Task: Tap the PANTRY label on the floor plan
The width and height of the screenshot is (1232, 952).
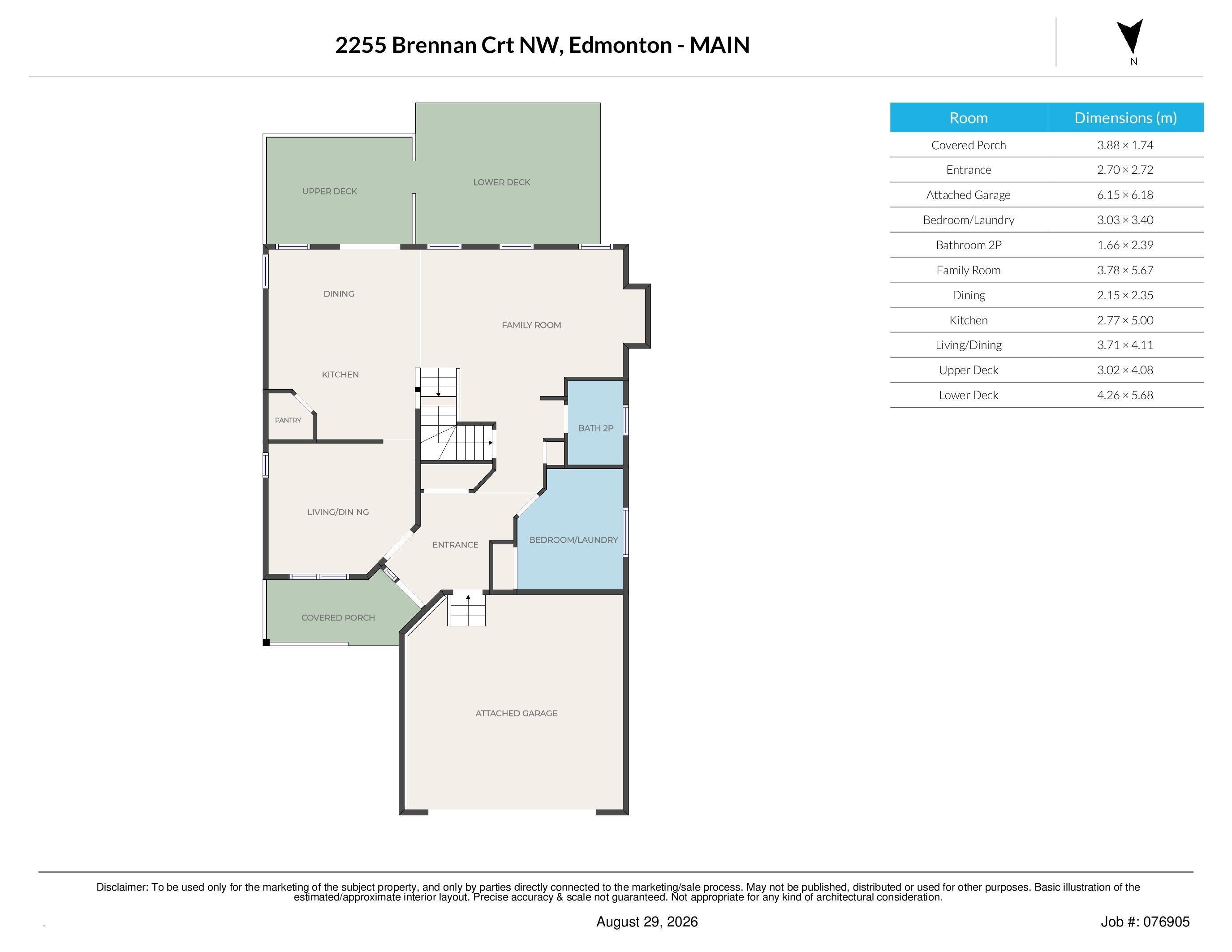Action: (x=288, y=420)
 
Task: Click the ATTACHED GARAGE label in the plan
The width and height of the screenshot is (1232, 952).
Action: (x=516, y=713)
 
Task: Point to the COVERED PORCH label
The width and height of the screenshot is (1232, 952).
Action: (x=338, y=617)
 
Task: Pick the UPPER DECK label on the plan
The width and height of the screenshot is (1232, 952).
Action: (x=329, y=191)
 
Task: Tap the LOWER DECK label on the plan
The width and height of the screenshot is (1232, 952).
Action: (x=501, y=182)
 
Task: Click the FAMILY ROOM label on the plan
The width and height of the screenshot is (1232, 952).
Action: (x=531, y=325)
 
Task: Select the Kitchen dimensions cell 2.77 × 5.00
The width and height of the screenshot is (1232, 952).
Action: (x=1125, y=320)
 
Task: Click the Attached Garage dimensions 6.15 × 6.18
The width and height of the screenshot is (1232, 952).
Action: (x=1125, y=194)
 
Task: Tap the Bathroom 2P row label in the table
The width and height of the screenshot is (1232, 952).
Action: (x=969, y=245)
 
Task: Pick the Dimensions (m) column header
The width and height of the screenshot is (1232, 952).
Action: (x=1125, y=117)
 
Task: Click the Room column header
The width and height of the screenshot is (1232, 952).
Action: (x=969, y=117)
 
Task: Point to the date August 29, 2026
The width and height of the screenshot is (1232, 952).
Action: (x=647, y=922)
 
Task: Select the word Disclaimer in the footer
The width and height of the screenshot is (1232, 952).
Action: (x=122, y=887)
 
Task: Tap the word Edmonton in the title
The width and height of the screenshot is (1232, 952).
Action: (x=620, y=45)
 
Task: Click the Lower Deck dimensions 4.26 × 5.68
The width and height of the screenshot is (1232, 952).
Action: (x=1125, y=395)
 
